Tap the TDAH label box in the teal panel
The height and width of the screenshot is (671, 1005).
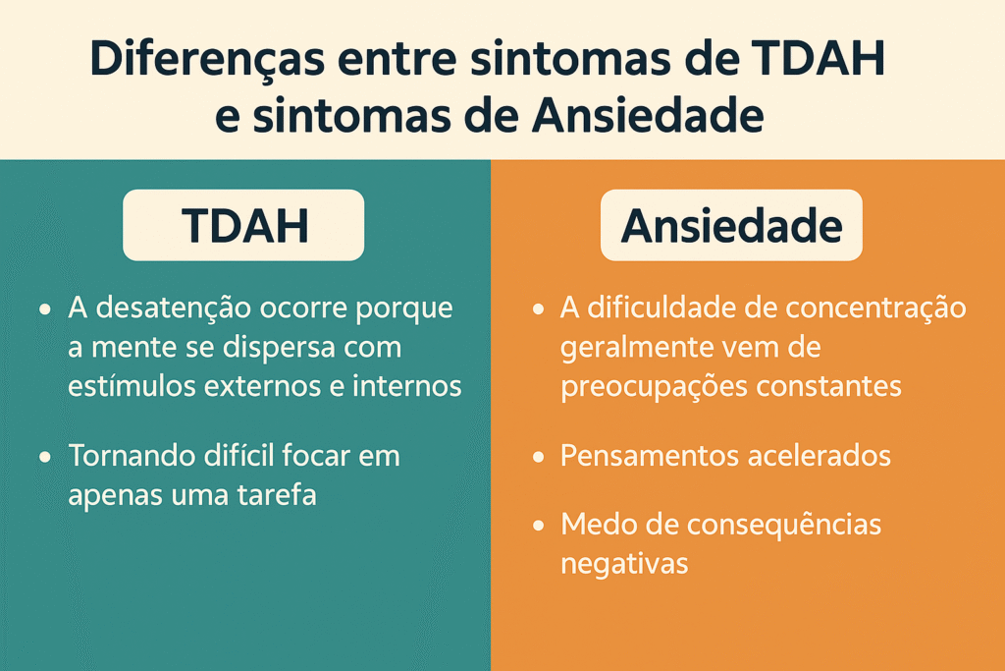(x=243, y=225)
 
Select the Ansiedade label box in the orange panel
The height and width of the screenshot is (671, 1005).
(x=731, y=225)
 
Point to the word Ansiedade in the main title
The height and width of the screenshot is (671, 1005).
(x=648, y=116)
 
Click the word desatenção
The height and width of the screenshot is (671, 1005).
(x=173, y=309)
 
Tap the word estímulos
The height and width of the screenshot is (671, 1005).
(x=132, y=386)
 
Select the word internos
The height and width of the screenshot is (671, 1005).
(x=407, y=386)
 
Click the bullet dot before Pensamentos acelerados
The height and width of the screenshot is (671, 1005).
(x=539, y=457)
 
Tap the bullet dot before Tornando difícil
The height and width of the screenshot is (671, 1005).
(x=45, y=457)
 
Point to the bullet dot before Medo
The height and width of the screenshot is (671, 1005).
(x=539, y=526)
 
